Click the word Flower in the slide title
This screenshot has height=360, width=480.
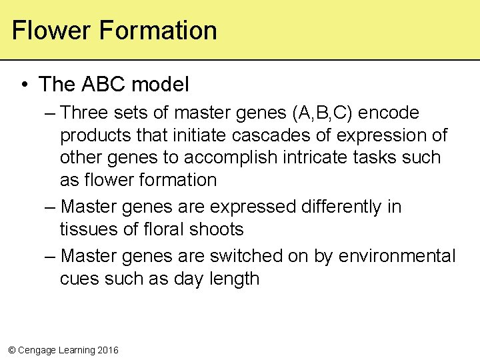pos(51,31)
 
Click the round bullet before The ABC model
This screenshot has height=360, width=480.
pos(25,85)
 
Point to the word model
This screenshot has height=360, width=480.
pos(160,85)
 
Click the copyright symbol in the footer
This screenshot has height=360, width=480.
pos(11,350)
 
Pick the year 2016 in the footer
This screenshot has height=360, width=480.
pos(107,350)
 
